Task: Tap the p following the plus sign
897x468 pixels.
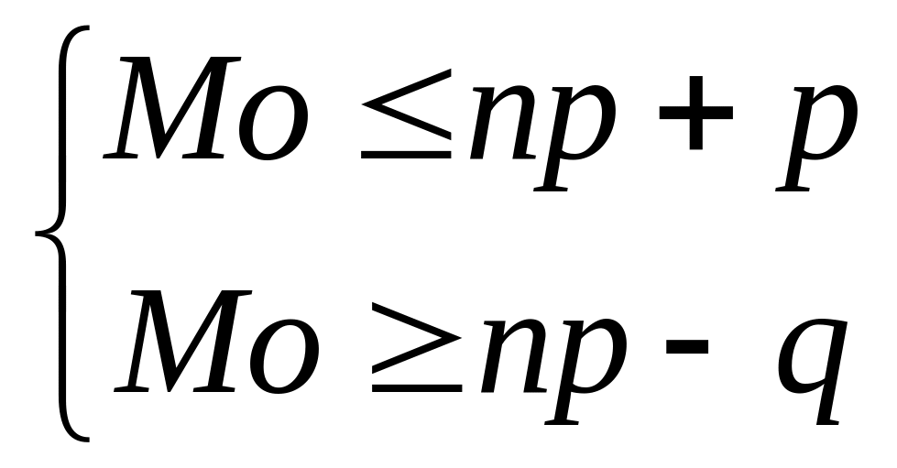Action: coord(815,137)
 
